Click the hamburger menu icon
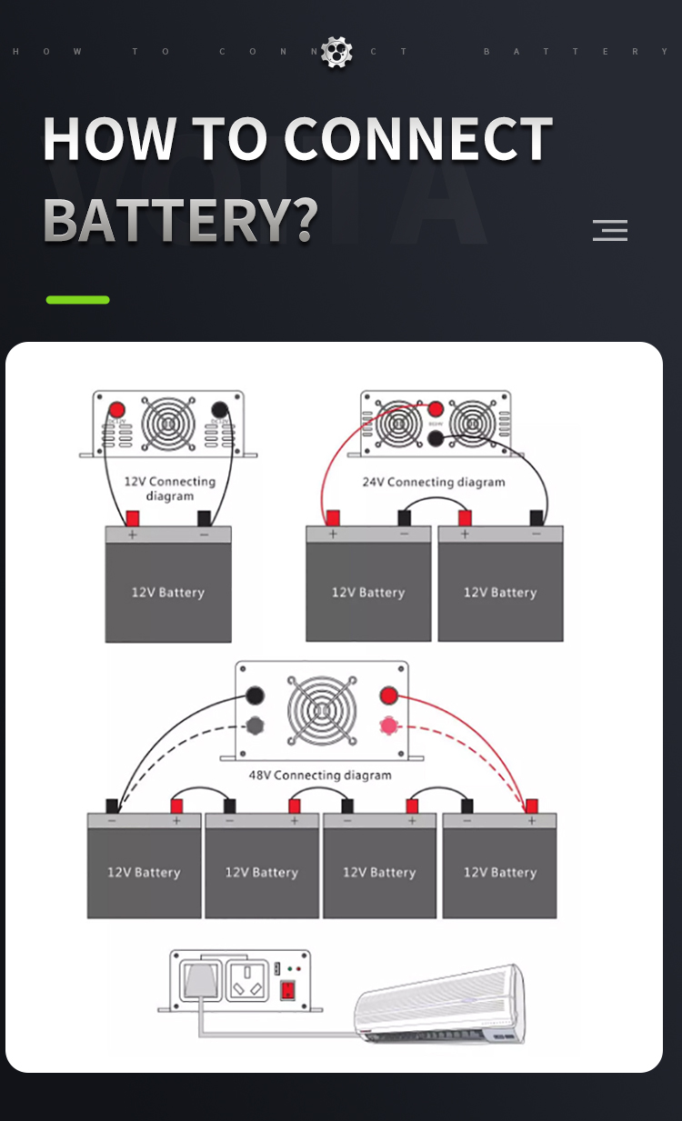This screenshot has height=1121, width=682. click(x=610, y=230)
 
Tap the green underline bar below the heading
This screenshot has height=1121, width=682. click(x=78, y=299)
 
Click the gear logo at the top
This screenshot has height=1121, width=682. click(x=337, y=52)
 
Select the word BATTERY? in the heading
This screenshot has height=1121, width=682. click(x=180, y=219)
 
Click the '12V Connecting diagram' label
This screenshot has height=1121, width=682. click(x=169, y=488)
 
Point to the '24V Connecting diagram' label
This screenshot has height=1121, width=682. click(x=434, y=482)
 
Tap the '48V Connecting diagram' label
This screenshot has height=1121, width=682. click(x=320, y=776)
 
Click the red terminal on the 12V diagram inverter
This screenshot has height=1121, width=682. click(x=117, y=410)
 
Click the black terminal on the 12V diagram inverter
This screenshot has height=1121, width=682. click(x=219, y=410)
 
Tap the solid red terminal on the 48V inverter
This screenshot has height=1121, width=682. click(x=389, y=697)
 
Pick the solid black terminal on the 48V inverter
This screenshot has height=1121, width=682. click(x=256, y=697)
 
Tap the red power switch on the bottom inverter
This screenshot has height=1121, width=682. click(x=288, y=990)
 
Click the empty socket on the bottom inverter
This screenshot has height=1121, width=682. click(x=250, y=980)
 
